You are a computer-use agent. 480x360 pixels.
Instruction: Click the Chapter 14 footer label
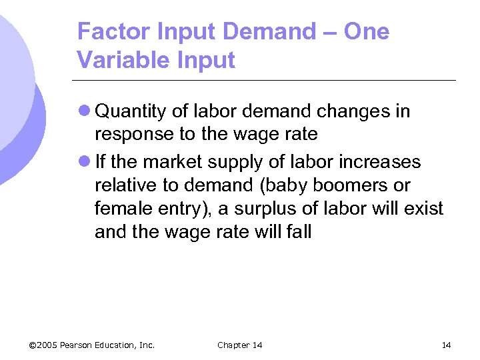tap(239, 345)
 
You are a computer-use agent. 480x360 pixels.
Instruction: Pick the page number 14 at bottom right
tap(446, 345)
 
